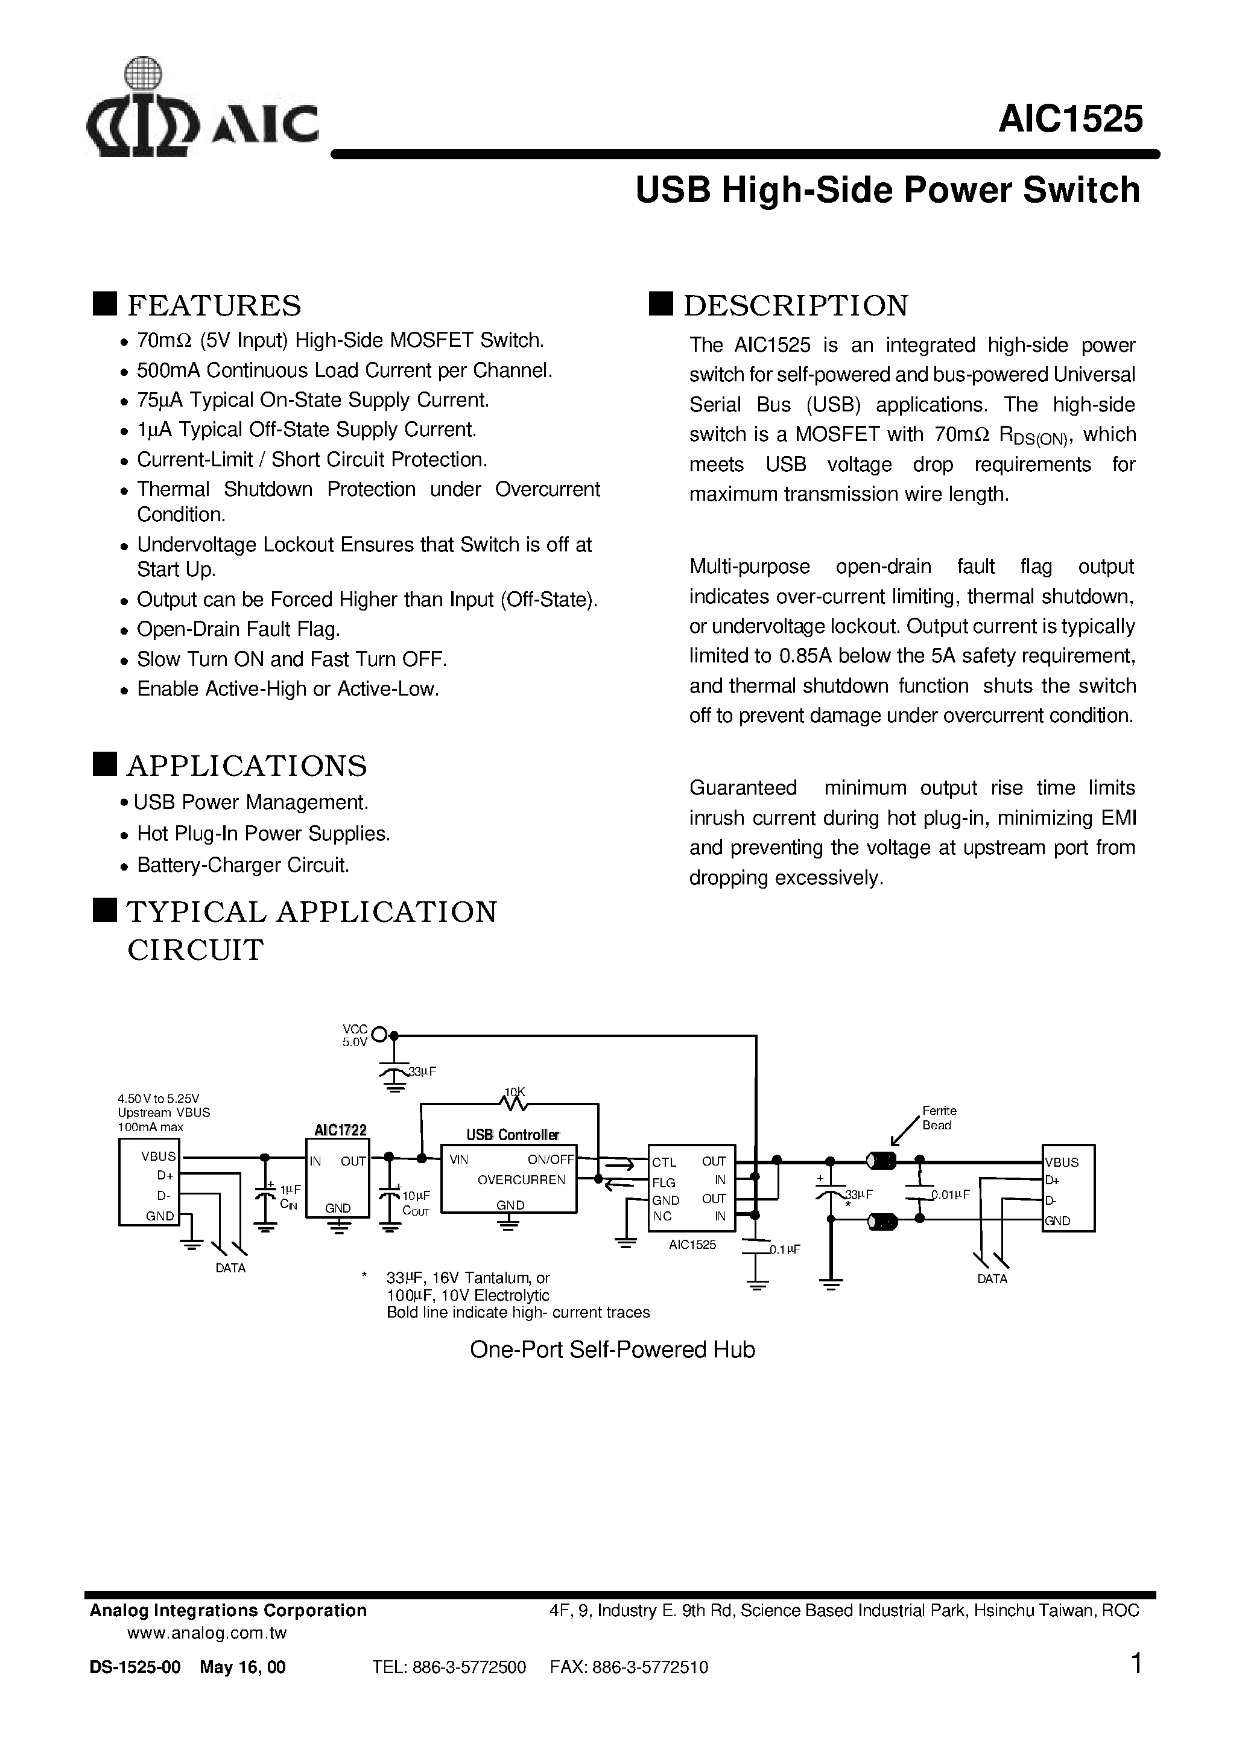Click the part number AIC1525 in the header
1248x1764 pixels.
pos(1069,120)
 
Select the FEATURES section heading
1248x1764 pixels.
pos(214,306)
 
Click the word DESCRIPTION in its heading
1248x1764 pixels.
pos(796,306)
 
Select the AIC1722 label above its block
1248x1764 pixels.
pos(340,1129)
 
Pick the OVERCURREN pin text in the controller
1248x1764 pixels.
pos(521,1180)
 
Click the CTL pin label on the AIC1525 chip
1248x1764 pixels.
pos(664,1162)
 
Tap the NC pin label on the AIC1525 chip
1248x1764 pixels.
pos(662,1216)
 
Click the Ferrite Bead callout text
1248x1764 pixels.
pos(939,1118)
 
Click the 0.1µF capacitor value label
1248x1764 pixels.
pos(785,1250)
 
